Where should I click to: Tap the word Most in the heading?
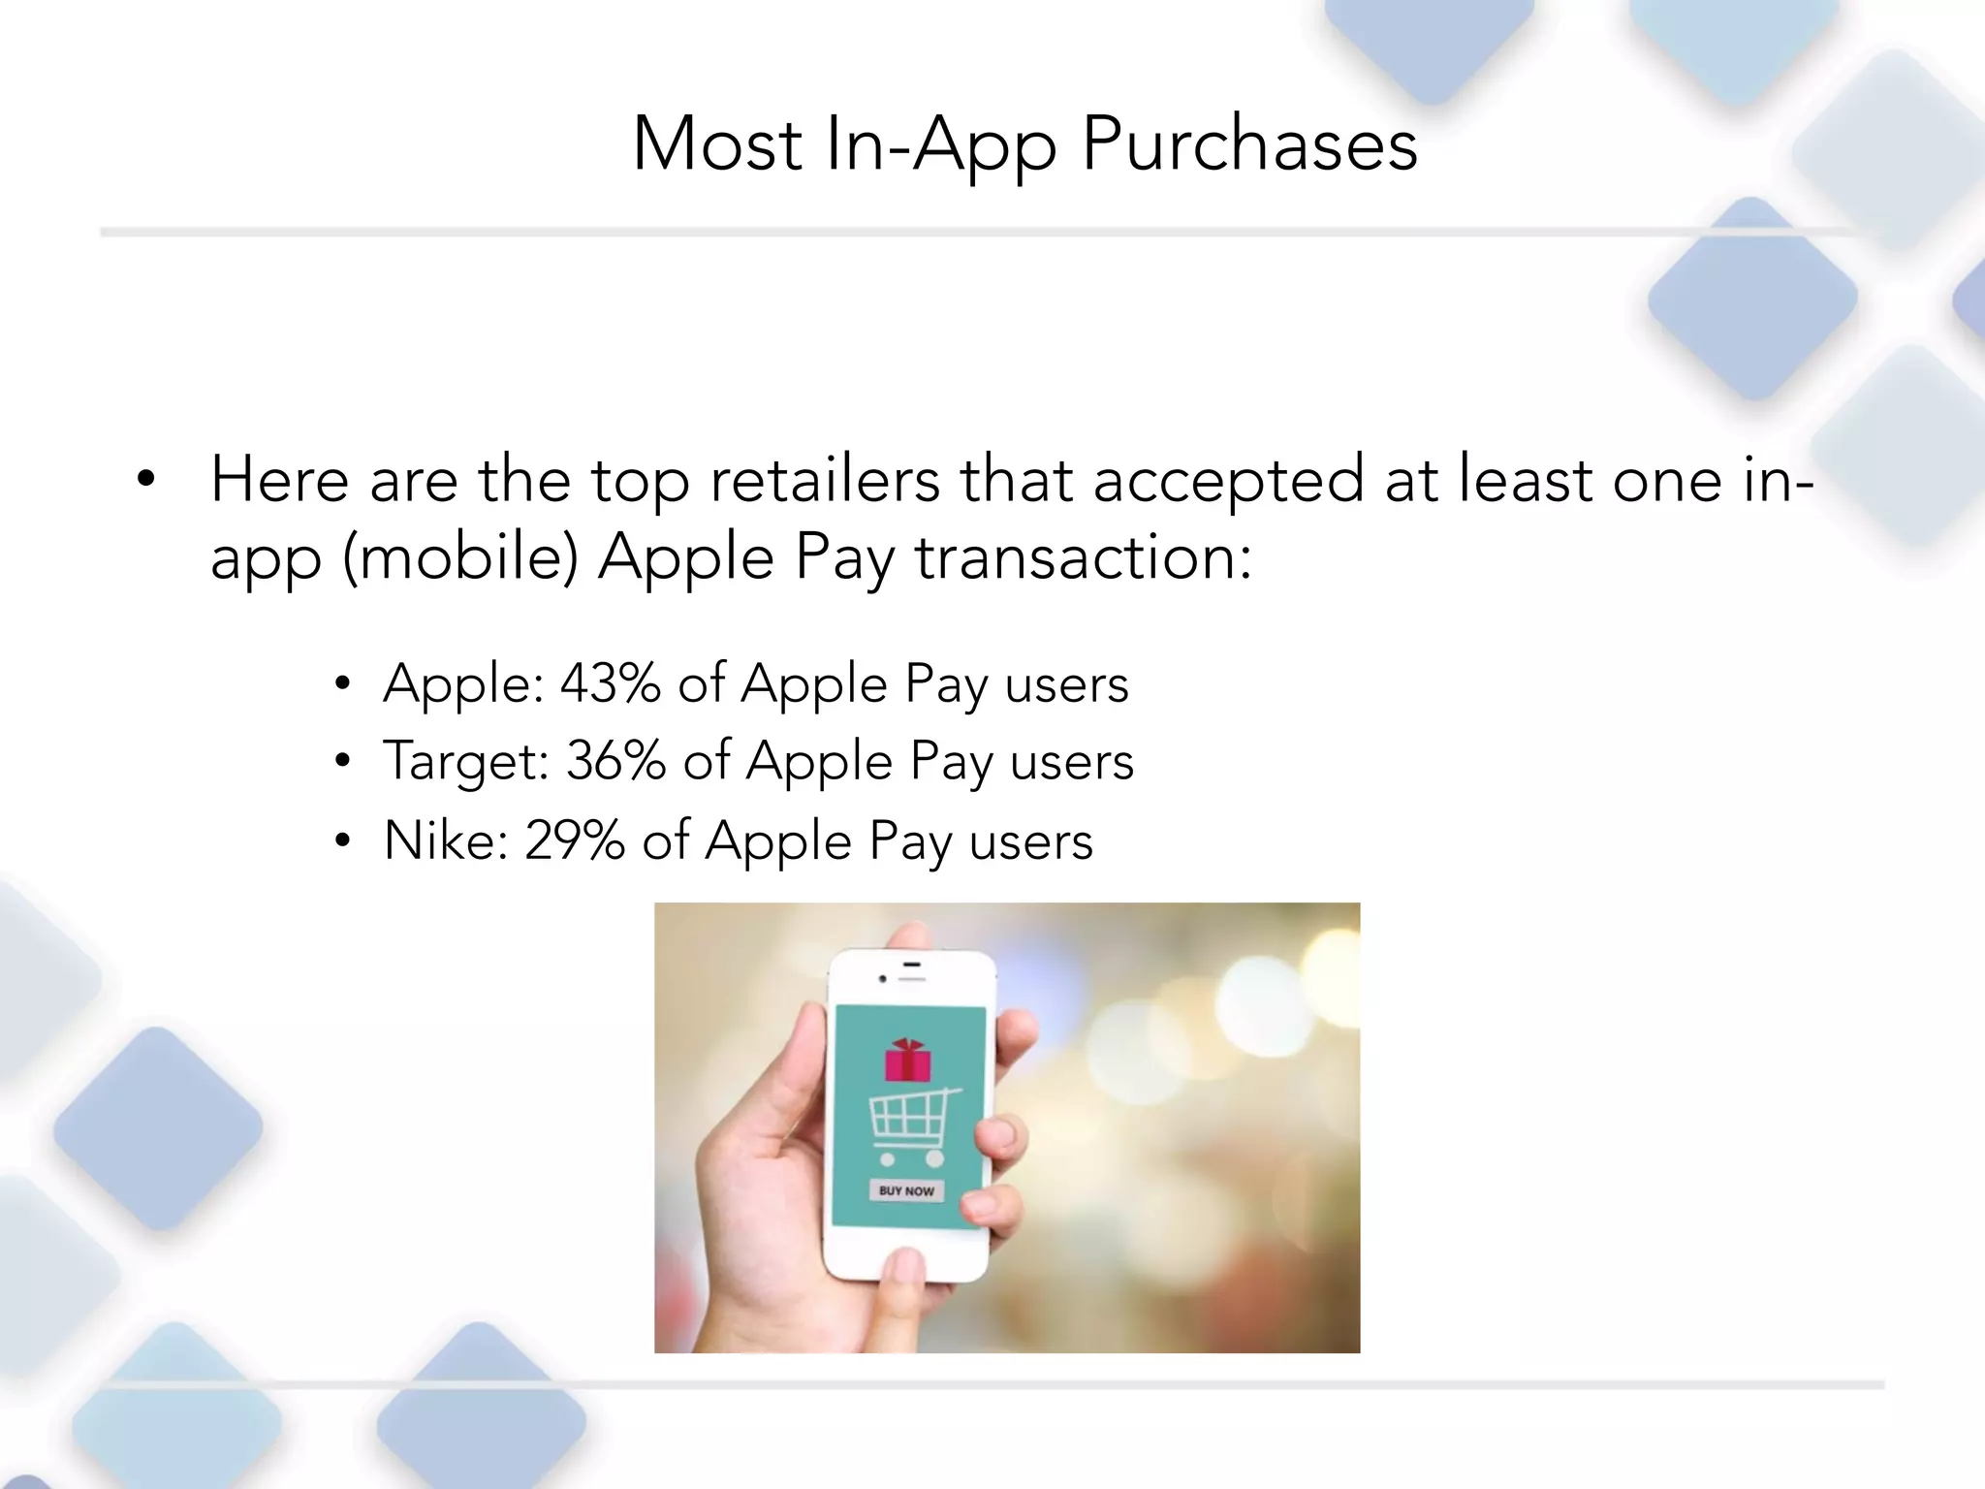[x=717, y=145]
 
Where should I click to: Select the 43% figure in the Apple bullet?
[x=610, y=683]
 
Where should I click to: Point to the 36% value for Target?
[x=615, y=761]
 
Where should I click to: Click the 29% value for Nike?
[x=574, y=840]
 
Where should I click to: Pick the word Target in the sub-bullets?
[x=465, y=763]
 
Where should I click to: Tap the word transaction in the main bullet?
[x=1083, y=559]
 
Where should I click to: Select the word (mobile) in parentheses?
[x=460, y=559]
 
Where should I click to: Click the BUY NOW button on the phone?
[x=906, y=1190]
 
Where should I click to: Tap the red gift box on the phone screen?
[x=907, y=1060]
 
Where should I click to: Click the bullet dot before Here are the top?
[x=146, y=478]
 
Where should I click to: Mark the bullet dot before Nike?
[x=341, y=840]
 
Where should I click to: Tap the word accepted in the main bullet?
[x=1228, y=482]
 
